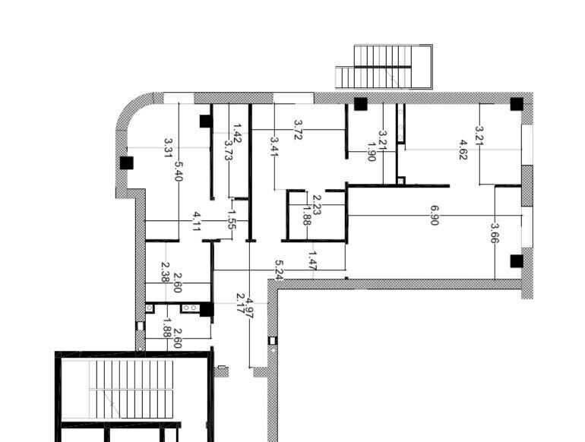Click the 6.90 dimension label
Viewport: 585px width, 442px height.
click(434, 216)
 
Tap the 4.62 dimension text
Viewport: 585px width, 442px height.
click(463, 150)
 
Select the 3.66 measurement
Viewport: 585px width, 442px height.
click(495, 232)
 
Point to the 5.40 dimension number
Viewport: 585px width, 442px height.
click(179, 171)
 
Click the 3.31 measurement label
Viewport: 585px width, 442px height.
click(168, 147)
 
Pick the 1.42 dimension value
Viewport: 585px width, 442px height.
click(237, 134)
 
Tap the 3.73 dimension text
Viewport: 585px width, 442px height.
click(229, 150)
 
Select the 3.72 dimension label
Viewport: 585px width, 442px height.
click(298, 129)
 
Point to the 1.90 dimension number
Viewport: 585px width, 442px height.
click(372, 151)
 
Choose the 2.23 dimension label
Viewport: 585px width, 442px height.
click(317, 205)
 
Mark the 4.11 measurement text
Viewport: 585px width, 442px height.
click(196, 222)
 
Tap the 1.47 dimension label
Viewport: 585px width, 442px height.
click(313, 260)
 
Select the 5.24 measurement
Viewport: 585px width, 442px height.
click(279, 270)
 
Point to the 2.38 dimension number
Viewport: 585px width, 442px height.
click(166, 272)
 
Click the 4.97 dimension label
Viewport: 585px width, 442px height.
click(249, 308)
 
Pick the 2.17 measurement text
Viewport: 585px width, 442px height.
click(241, 303)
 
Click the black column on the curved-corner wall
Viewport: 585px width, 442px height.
click(126, 163)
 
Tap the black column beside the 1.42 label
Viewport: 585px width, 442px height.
click(206, 122)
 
